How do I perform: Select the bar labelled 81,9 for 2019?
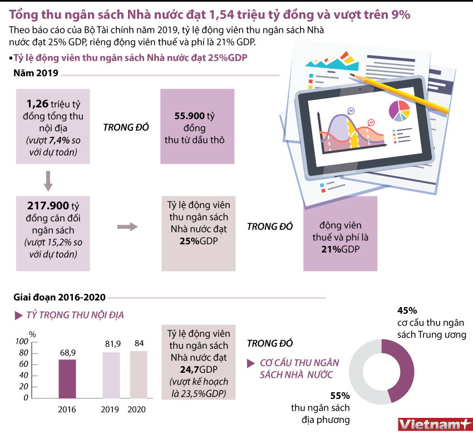111,375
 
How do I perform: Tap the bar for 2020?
139,374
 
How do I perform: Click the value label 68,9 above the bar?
68,353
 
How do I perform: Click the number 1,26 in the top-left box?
37,103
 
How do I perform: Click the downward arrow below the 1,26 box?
48,180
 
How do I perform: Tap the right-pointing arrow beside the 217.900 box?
128,226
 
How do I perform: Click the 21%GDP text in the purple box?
340,249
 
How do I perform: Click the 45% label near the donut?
407,310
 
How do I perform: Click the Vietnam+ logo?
431,423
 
